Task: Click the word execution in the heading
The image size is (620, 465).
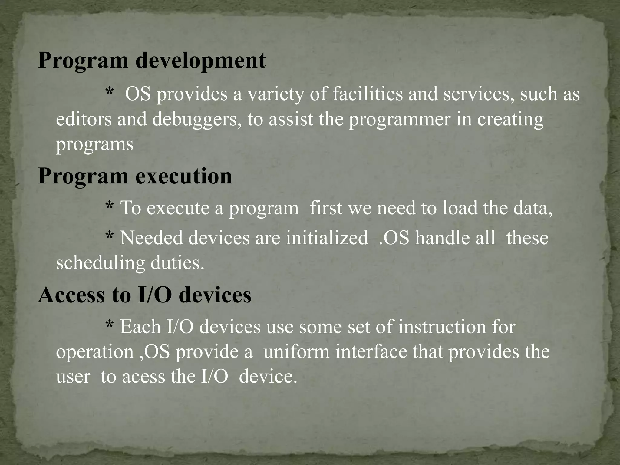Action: pos(183,176)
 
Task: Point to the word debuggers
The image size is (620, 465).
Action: pos(197,119)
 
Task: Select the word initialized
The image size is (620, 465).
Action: pos(327,238)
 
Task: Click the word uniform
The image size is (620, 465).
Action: pos(296,352)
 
